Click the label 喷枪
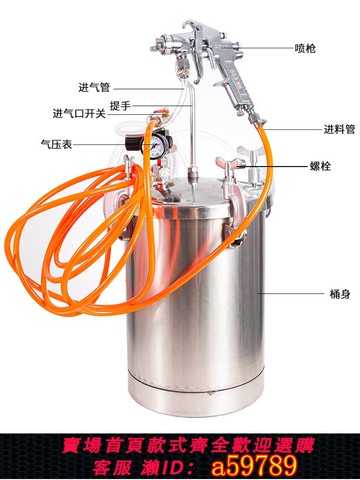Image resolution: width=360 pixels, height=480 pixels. point(307,47)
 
